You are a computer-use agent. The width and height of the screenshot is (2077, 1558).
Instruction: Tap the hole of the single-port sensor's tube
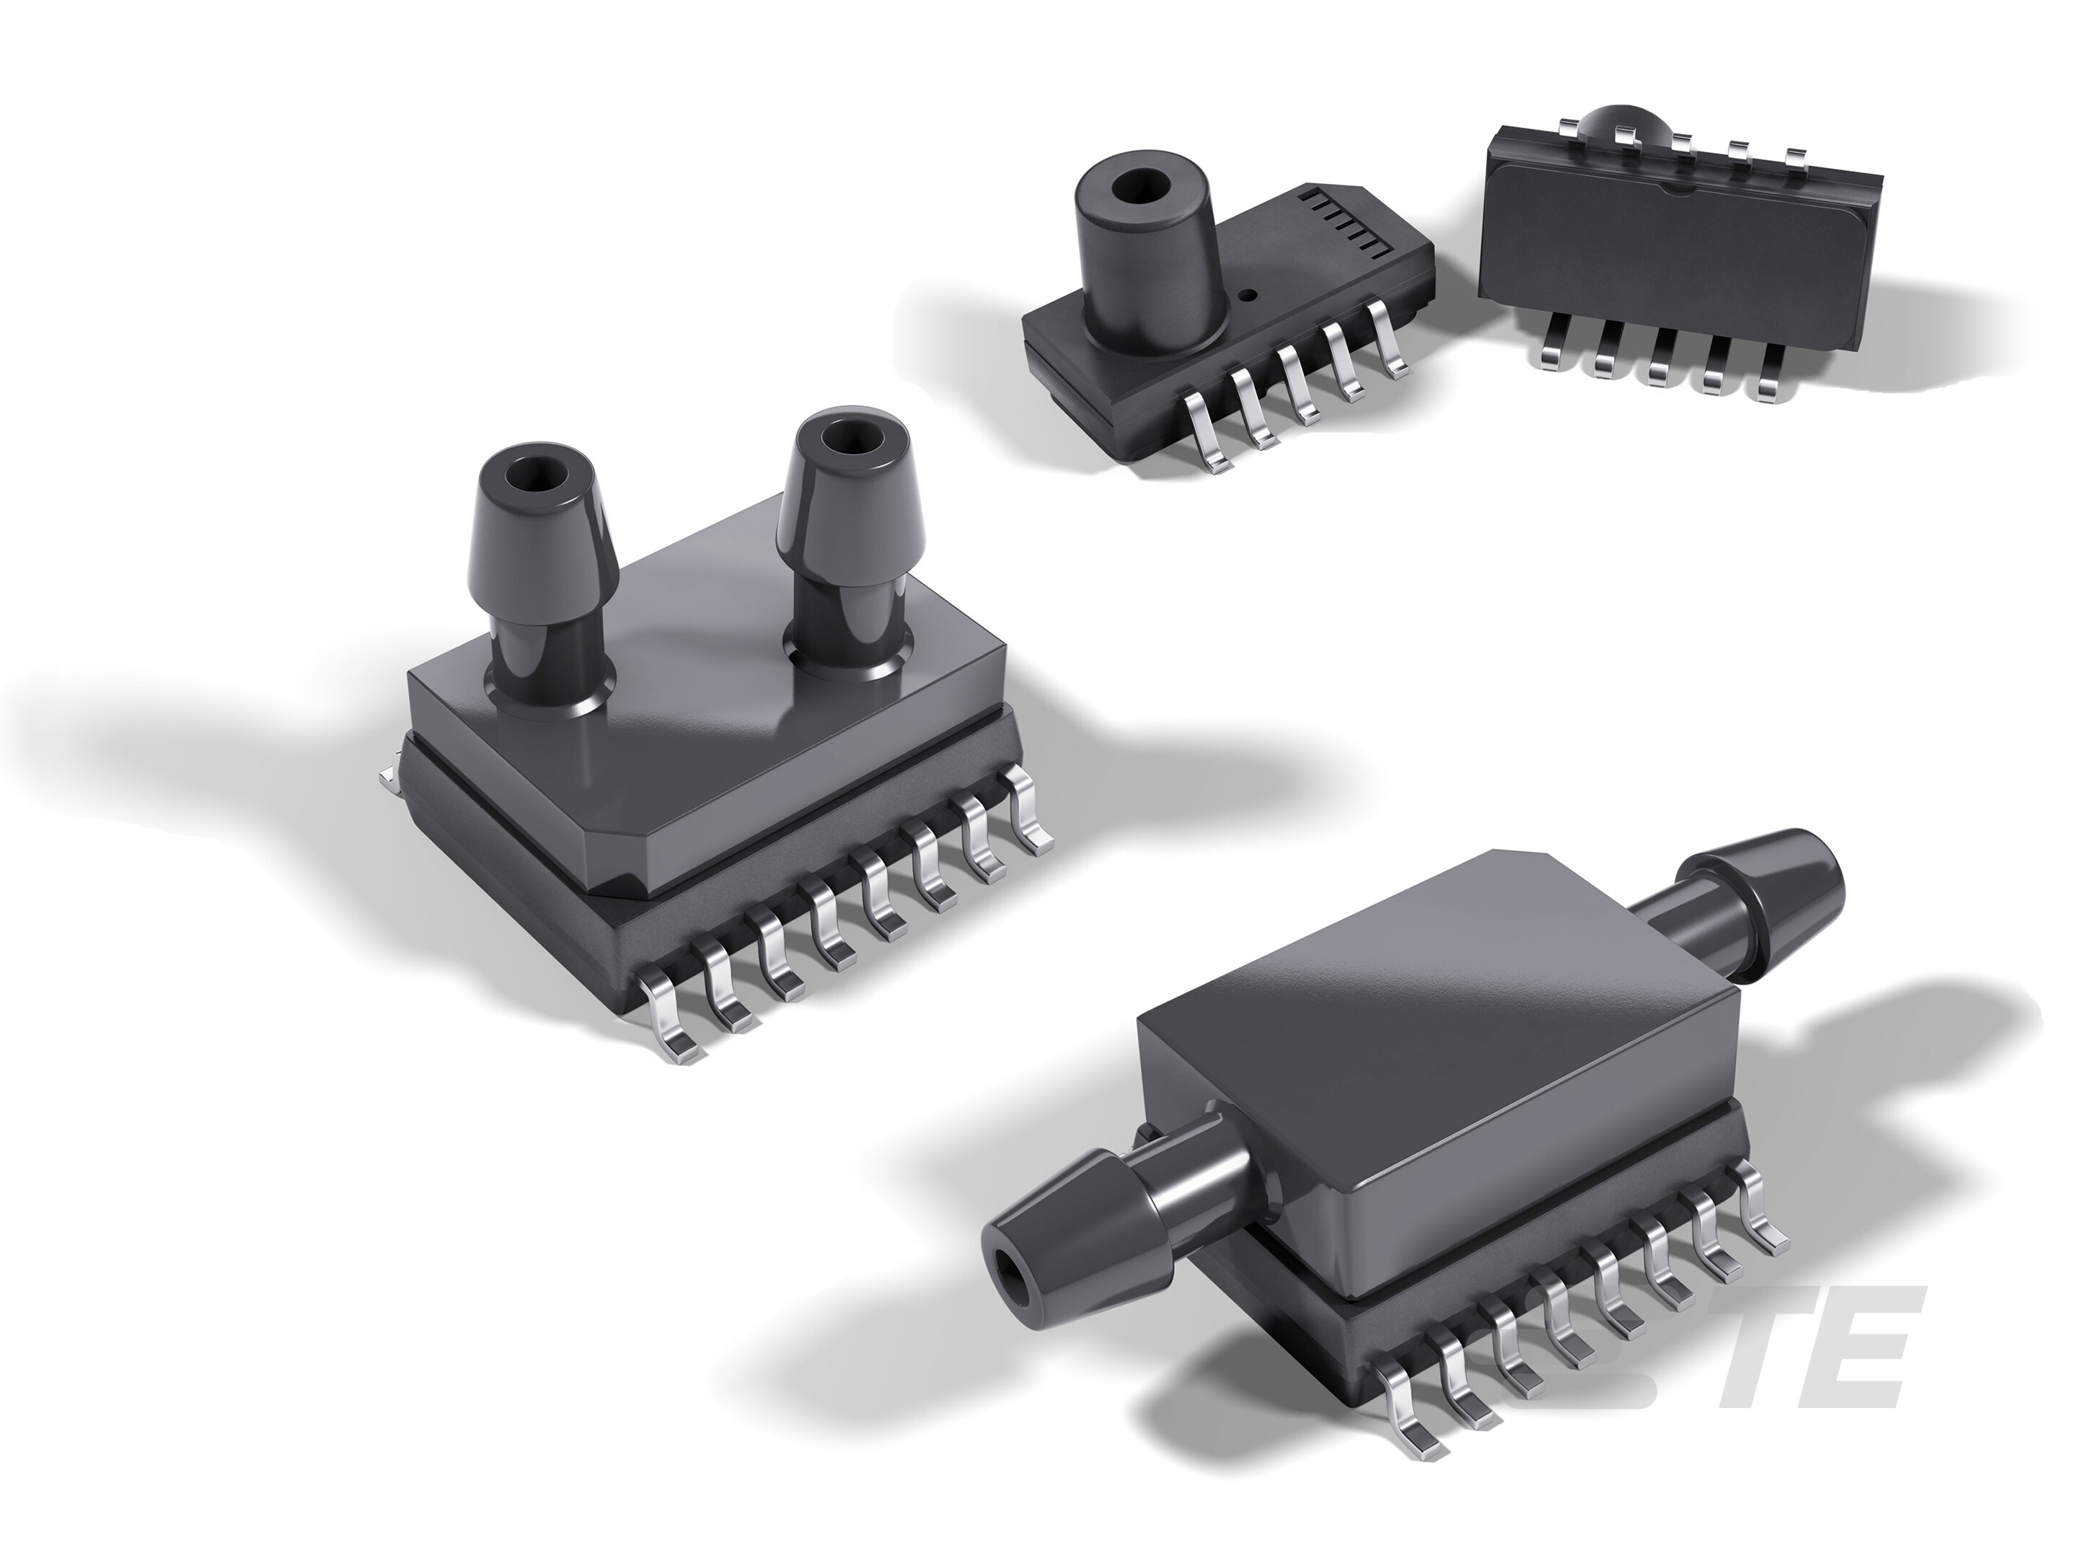pyautogui.click(x=1138, y=186)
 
